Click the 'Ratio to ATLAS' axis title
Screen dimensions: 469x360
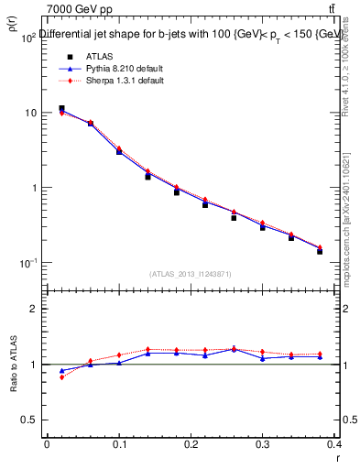pos(15,366)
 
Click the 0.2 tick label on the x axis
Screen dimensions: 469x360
pos(191,443)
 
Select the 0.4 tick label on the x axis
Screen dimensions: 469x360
pos(334,443)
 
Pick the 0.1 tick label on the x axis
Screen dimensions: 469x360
pos(118,443)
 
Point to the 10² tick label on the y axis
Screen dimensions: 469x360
pos(29,38)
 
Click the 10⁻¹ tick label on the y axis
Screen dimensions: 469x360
pos(29,264)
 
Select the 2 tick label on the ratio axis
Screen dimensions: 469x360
pos(35,309)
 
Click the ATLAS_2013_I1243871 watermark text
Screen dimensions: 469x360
pos(191,274)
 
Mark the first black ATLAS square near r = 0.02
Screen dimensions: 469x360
pos(61,108)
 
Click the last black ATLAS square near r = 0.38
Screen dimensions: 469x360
pos(320,251)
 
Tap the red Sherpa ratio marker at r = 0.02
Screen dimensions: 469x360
pos(61,377)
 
